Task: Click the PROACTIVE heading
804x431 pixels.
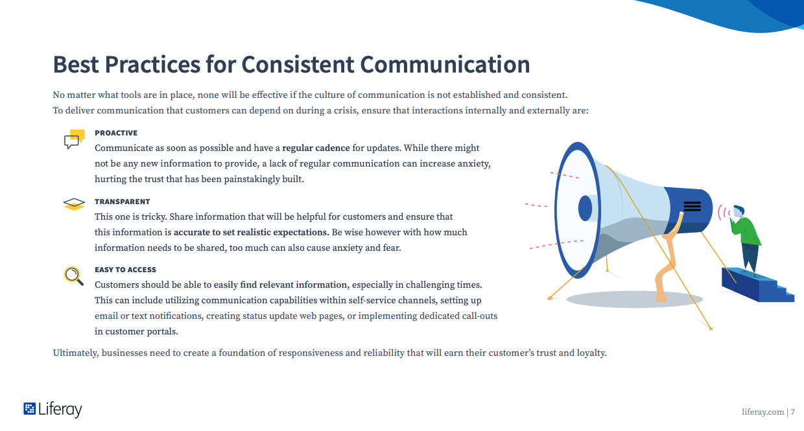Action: tap(116, 133)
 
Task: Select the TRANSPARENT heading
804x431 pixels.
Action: tap(122, 202)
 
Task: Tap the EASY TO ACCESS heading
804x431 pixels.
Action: tap(125, 270)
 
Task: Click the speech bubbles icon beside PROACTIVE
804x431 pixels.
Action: tap(75, 139)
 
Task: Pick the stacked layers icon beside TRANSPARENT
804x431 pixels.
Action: tap(74, 204)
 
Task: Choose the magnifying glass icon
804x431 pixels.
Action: tap(74, 276)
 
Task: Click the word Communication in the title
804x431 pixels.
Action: tap(445, 65)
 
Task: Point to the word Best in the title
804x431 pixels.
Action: tap(76, 65)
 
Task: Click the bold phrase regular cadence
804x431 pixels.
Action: tap(316, 148)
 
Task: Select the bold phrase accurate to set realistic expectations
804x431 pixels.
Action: tap(252, 233)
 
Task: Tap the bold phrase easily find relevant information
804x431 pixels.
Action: tap(281, 285)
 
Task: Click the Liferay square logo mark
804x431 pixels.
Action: tap(29, 409)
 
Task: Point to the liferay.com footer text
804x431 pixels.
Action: tap(763, 412)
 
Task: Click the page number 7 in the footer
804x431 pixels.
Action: tap(792, 412)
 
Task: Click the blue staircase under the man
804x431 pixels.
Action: tap(758, 285)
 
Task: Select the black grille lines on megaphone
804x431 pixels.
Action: tap(692, 206)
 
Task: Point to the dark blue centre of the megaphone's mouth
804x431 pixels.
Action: tap(585, 208)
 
